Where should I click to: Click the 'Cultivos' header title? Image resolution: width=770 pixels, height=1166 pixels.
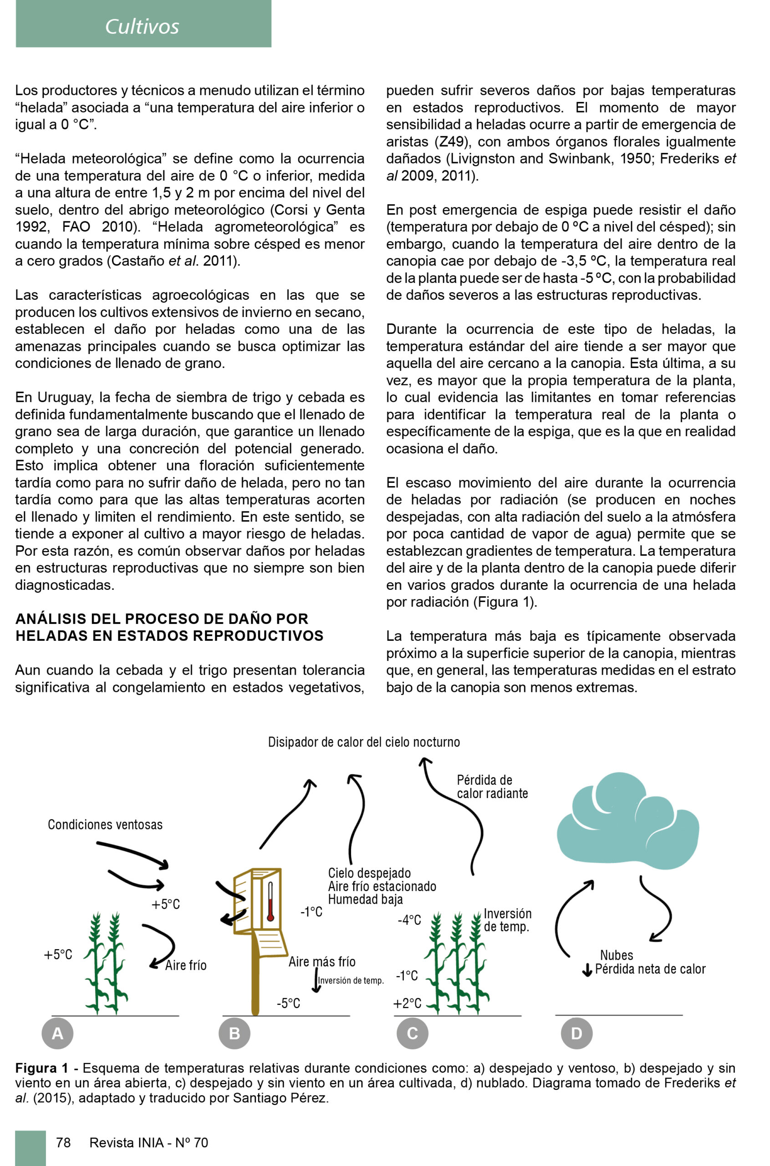click(142, 26)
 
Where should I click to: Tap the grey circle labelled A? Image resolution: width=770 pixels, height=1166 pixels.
click(57, 1033)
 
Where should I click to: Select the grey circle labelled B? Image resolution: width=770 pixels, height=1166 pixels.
click(234, 1033)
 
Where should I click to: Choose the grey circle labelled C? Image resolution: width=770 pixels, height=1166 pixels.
click(413, 1033)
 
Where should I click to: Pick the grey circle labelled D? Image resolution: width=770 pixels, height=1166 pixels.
click(576, 1033)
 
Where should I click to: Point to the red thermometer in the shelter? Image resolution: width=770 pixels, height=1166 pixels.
click(270, 902)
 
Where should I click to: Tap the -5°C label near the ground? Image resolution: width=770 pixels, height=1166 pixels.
click(288, 1003)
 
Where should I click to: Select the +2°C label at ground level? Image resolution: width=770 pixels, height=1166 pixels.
click(407, 1003)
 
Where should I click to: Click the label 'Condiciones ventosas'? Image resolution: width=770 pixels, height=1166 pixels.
click(105, 825)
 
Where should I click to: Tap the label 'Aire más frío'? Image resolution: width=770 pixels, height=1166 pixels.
click(321, 961)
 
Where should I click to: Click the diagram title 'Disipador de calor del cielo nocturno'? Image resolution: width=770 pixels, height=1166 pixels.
click(364, 742)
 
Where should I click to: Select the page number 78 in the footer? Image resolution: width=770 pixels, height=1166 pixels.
click(63, 1142)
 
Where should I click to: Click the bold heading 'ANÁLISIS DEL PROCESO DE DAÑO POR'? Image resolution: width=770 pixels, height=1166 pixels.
click(162, 619)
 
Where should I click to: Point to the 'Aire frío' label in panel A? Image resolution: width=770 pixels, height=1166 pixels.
click(186, 965)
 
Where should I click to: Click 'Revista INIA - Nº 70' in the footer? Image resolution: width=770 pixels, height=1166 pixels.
click(149, 1142)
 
